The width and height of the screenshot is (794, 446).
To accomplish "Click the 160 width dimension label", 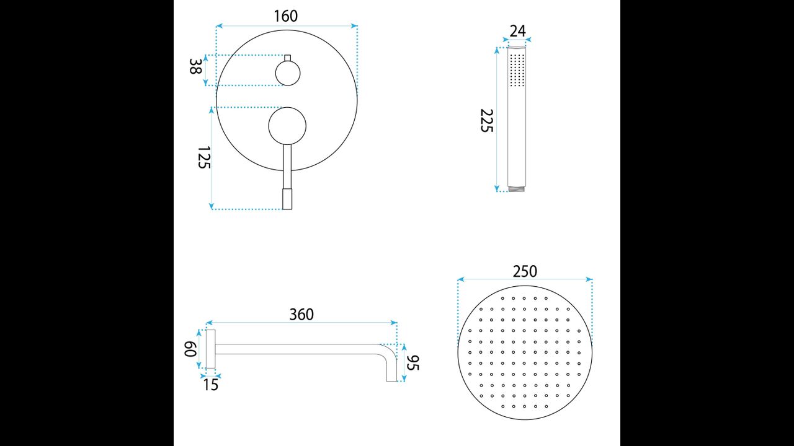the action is [x=286, y=16].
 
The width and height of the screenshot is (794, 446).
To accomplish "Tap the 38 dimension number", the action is [x=195, y=66].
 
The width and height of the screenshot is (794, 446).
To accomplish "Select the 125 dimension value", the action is [x=204, y=157].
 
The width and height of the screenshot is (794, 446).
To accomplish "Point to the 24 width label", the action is [x=517, y=31].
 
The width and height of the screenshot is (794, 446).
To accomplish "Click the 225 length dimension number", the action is [x=487, y=121].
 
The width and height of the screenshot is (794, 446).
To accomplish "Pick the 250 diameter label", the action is [x=525, y=271].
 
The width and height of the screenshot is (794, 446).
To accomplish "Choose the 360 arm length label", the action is [x=301, y=314].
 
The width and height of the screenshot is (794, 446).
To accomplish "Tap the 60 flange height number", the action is [x=190, y=349].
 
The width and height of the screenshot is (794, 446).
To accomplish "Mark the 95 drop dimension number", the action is [x=413, y=363].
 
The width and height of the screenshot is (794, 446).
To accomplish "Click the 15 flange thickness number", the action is [x=210, y=385].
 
